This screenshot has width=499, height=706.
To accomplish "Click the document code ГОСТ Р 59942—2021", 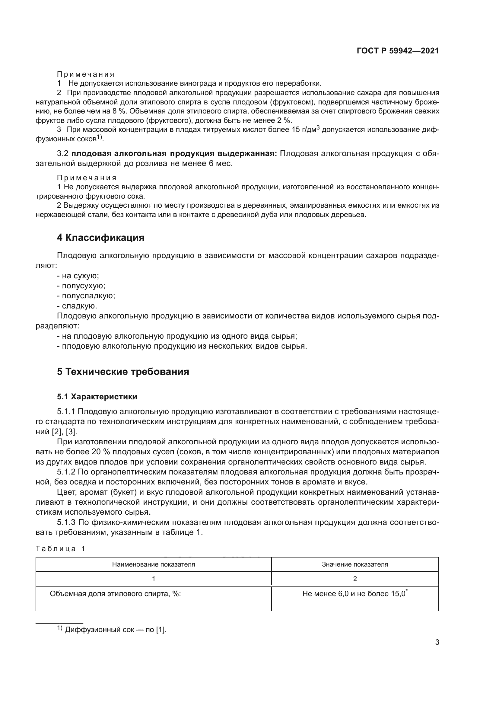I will [x=398, y=51].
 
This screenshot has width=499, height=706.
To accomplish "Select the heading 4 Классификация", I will [x=100, y=238].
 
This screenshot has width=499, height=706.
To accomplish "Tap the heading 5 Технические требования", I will [x=123, y=372].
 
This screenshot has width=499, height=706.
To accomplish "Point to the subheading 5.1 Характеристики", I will [x=97, y=397].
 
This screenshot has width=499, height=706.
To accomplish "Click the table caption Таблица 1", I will [x=60, y=548].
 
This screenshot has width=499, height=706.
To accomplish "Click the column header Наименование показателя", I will [x=153, y=564].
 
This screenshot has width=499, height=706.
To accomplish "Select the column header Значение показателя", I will [x=355, y=564].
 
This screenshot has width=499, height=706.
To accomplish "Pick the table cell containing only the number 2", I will [x=355, y=579].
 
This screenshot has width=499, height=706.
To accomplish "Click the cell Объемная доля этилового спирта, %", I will [x=115, y=594].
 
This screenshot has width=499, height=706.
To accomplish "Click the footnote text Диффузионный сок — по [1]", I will [x=116, y=630].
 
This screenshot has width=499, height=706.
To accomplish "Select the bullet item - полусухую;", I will [x=81, y=286].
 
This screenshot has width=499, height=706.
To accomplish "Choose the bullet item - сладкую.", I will [x=77, y=306].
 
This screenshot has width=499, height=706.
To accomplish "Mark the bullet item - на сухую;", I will [x=78, y=276].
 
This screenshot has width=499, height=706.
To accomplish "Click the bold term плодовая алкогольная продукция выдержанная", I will [x=174, y=153].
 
